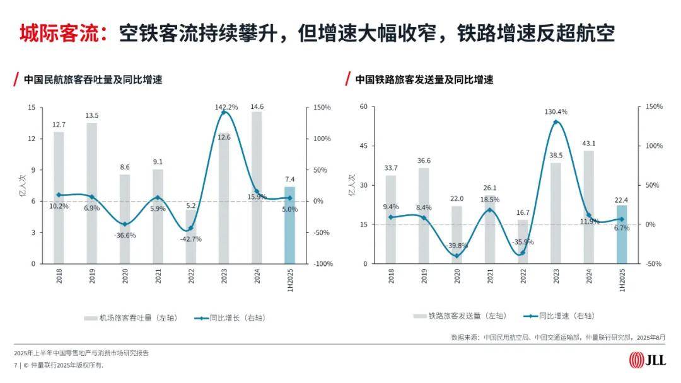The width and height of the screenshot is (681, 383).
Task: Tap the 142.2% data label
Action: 226,107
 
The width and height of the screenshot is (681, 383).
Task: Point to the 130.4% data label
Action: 556,111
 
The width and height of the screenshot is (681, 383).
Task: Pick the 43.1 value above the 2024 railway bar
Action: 588,144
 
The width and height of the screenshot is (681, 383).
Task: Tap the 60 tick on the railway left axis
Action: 363,107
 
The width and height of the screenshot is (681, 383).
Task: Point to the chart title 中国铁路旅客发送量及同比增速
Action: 424,80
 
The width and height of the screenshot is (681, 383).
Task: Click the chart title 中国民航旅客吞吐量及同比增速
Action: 93,80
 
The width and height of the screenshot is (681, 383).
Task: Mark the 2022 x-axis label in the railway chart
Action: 523,277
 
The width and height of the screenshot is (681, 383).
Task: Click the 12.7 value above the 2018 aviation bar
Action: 59,125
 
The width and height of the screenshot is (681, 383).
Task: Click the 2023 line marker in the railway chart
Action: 556,122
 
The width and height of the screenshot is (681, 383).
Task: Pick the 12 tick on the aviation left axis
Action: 32,139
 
